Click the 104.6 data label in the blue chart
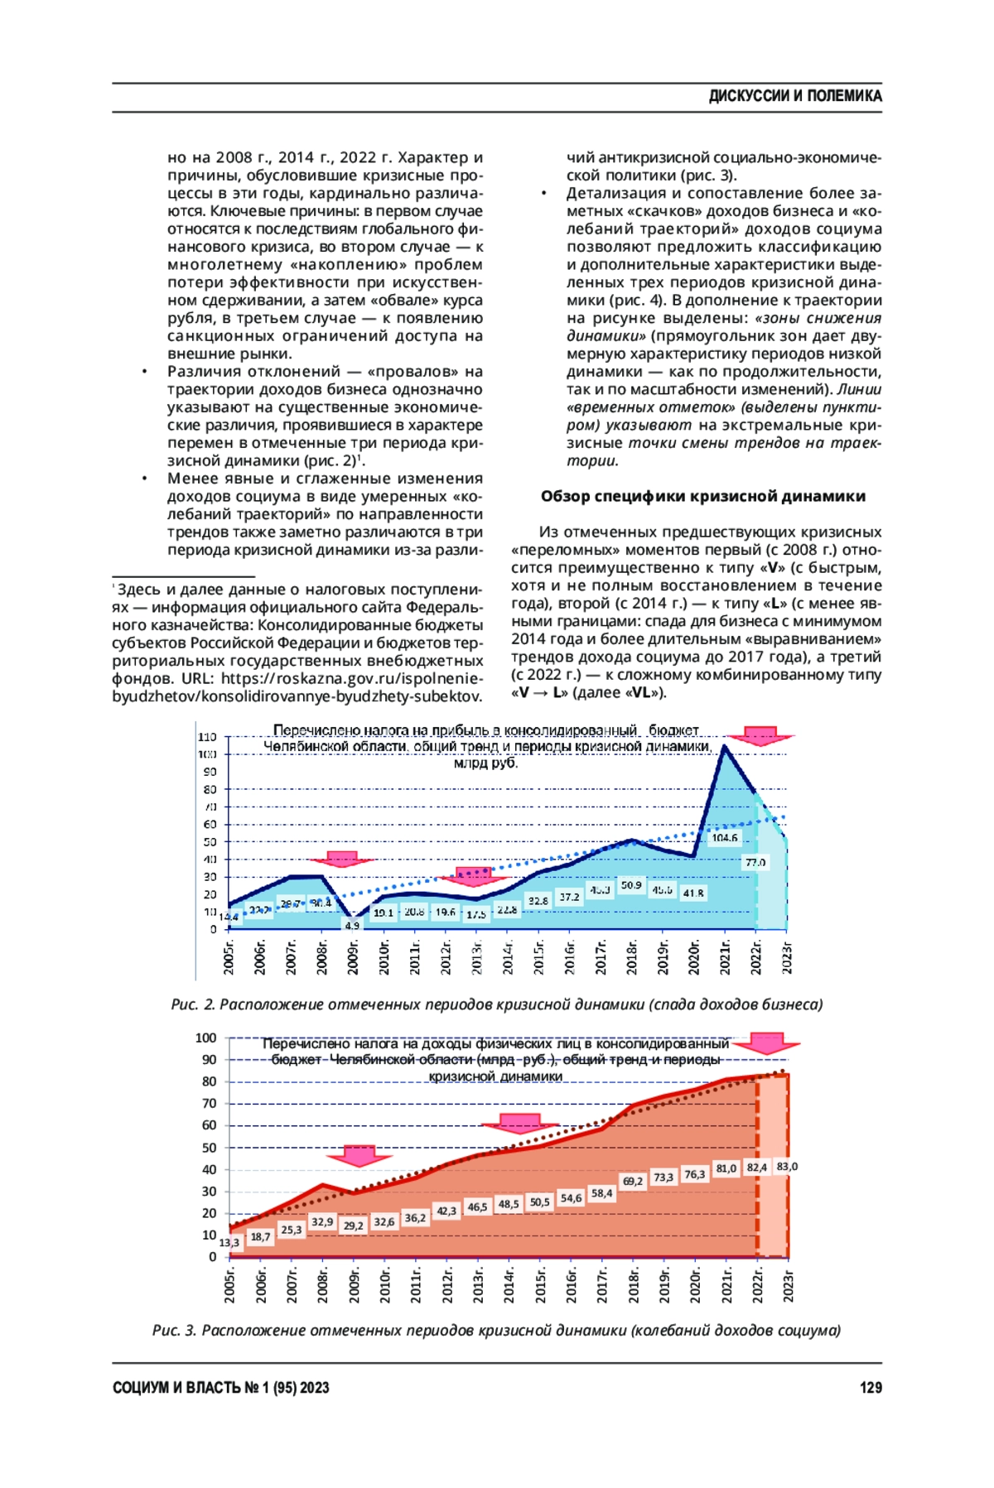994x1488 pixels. [x=724, y=838]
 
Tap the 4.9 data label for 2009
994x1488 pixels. [x=352, y=925]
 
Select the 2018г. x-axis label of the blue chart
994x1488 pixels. [x=632, y=957]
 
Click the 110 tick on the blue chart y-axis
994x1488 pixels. [x=207, y=736]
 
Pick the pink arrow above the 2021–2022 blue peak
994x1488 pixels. [x=760, y=736]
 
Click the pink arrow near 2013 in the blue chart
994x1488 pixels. [x=475, y=876]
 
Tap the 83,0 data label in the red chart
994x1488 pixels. [x=787, y=1167]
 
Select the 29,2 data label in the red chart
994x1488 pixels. [x=353, y=1226]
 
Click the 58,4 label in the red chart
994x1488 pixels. [x=601, y=1193]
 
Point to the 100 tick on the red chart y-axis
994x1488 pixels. [x=205, y=1038]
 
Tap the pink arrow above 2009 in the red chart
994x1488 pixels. [x=358, y=1156]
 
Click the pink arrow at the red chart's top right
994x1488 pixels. [x=766, y=1043]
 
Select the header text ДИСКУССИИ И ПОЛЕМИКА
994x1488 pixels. [x=794, y=96]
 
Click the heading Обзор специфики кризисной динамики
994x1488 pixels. [x=702, y=496]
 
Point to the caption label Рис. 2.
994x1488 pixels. [x=193, y=1004]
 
